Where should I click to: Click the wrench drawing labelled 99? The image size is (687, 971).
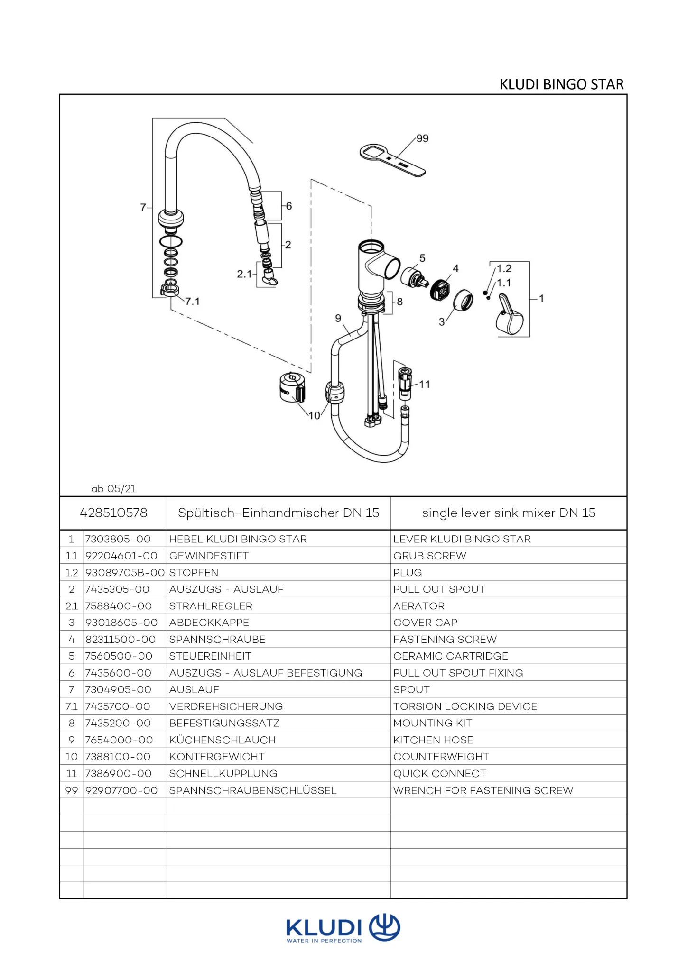point(392,161)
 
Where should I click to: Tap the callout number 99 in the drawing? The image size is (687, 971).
point(422,138)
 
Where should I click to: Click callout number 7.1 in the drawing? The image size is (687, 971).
point(192,302)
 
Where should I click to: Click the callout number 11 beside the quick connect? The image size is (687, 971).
point(425,384)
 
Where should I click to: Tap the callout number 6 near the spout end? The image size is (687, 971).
point(289,206)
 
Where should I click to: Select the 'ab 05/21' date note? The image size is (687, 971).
point(113,488)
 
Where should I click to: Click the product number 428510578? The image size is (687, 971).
point(113,513)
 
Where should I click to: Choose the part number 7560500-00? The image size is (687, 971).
point(119,656)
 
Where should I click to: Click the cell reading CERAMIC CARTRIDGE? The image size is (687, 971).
point(451,656)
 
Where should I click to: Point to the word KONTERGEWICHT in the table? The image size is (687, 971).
point(217,757)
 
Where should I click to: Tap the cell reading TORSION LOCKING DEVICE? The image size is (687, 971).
point(465,706)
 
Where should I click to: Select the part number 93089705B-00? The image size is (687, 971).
point(125,573)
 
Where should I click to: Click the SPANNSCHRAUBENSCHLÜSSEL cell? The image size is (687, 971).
point(253,790)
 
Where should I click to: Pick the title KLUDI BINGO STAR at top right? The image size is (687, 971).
point(562,84)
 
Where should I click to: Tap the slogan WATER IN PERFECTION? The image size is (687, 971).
point(324,941)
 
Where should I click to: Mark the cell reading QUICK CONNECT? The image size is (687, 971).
point(440,774)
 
